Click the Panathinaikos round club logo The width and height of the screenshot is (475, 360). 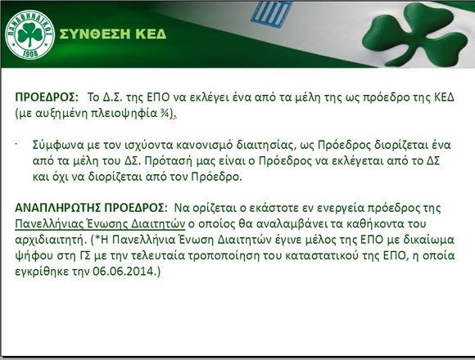tap(30, 35)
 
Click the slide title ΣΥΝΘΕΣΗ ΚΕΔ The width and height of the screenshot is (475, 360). tap(113, 34)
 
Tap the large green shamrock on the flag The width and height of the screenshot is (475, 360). tap(414, 34)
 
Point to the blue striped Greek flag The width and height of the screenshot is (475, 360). tap(271, 14)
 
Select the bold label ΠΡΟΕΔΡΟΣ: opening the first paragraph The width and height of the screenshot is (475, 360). tap(47, 97)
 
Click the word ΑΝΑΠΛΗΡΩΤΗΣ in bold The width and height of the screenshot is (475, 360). tap(58, 208)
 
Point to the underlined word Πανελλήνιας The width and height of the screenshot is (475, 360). tap(49, 224)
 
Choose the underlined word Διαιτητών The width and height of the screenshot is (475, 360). tap(158, 224)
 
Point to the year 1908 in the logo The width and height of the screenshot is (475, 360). tap(30, 54)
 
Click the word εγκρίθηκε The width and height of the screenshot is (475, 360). tap(42, 272)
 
